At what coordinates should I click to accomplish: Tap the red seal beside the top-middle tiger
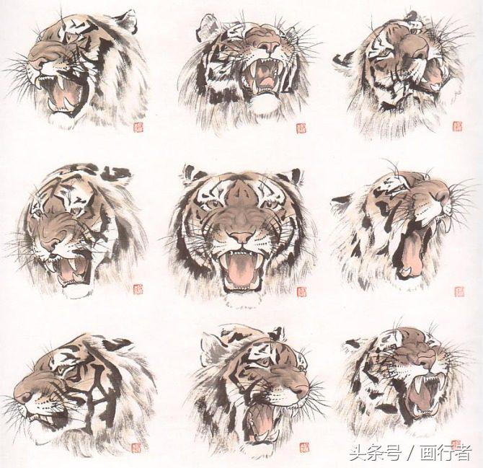pos(301,128)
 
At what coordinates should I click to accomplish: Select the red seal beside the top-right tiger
pos(457,126)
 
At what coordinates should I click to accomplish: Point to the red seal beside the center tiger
pos(301,291)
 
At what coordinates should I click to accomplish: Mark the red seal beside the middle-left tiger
pos(138,289)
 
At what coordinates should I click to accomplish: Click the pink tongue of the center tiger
pos(241,269)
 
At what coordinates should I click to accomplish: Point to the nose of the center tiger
pos(241,236)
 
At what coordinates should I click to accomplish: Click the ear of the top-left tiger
pos(128,19)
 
